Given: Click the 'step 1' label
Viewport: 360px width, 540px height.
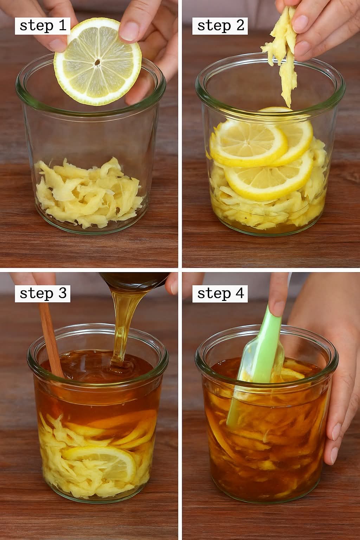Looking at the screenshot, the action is (x=43, y=26).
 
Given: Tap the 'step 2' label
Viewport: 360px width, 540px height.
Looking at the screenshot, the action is (x=220, y=26).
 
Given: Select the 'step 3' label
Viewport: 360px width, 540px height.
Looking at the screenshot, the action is (x=43, y=294).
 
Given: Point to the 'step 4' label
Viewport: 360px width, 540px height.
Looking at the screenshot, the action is (x=220, y=294).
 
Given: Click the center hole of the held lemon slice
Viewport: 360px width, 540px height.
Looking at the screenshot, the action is (x=97, y=63).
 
